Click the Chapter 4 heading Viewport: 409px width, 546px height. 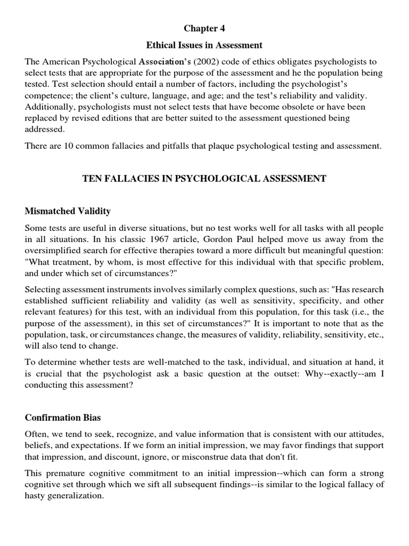[x=205, y=28]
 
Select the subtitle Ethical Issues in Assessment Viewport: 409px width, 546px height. [x=205, y=45]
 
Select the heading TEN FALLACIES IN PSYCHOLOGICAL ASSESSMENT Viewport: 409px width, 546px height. [x=204, y=179]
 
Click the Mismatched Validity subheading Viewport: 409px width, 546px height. [x=68, y=212]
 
